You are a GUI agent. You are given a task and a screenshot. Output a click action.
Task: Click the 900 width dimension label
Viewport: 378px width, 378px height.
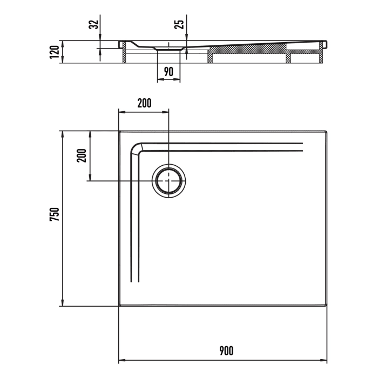coord(226,351)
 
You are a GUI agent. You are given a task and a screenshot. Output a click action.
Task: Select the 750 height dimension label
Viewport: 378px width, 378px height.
coord(54,214)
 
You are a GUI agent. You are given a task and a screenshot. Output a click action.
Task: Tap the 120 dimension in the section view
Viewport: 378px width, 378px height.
coord(54,52)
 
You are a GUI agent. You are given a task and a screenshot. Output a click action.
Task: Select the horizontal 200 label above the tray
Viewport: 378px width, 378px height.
coord(144,104)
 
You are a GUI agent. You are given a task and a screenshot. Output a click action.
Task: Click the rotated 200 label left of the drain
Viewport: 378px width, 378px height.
coord(82,156)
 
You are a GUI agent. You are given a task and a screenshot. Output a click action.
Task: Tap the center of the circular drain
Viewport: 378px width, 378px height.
coord(169,180)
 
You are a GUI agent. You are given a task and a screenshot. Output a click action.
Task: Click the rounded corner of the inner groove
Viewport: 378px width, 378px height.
coord(135,148)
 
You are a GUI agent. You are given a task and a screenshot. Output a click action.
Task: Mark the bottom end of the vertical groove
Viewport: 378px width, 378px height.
coord(135,281)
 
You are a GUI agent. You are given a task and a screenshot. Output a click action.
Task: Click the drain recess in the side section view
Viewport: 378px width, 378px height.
coord(169,49)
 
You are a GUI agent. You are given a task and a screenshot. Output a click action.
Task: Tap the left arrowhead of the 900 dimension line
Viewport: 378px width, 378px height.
coord(121,360)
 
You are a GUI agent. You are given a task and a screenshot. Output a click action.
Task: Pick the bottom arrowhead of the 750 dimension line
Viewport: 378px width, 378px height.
coord(63,303)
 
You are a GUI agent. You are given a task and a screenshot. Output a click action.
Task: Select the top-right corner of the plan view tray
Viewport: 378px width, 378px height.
coord(327,131)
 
